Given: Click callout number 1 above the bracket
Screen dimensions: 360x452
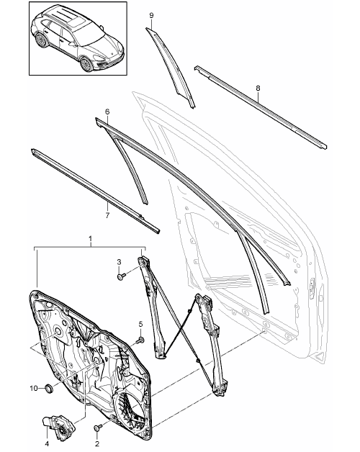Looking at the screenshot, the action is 91,239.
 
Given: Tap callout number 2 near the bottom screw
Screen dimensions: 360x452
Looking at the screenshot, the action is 97,443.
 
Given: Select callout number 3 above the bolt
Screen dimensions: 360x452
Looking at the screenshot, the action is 119,262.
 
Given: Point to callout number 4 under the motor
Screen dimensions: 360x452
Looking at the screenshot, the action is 47,443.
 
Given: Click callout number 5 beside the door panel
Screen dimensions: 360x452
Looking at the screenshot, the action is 140,325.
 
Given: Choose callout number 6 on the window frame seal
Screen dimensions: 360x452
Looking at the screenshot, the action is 107,112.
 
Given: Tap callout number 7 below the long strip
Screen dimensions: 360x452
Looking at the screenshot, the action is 107,215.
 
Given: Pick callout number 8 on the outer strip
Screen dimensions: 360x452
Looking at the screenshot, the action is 258,89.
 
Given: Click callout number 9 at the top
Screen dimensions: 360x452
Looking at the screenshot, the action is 151,16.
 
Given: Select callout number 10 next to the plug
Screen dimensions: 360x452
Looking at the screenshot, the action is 34,388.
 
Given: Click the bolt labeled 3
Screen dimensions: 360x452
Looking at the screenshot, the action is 120,276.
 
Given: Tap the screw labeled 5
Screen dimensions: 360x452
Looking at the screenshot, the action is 141,340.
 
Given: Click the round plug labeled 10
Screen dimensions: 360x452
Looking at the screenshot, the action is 49,388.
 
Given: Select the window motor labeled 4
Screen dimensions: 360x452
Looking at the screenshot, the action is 59,427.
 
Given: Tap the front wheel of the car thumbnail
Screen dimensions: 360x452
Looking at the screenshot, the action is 86,65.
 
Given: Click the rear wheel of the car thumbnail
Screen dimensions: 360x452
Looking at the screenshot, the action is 40,40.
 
